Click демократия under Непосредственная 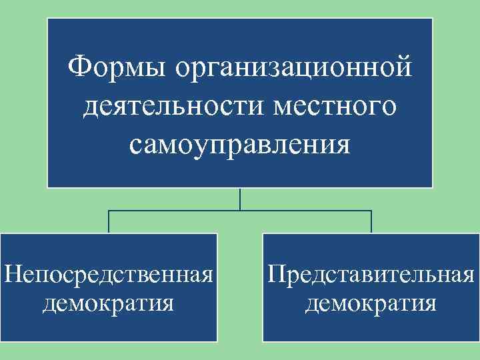(109, 303)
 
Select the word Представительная (371, 275)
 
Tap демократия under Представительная (371, 303)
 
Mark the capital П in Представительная (276, 274)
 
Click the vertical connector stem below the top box (240, 199)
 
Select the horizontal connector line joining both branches (173, 211)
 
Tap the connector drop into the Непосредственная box (109, 223)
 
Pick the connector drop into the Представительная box (371, 223)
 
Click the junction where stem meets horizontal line (240, 211)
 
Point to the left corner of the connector (109, 211)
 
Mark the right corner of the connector (371, 211)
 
